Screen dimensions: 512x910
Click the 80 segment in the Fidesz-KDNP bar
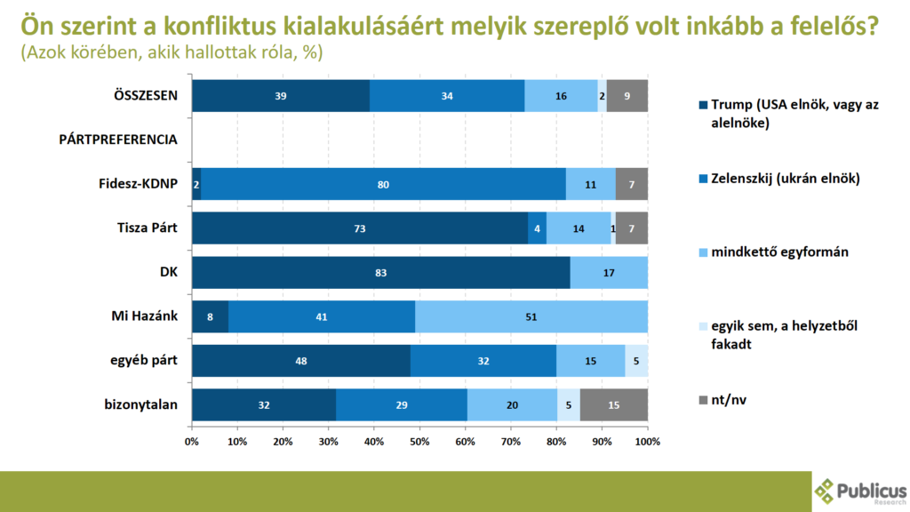[x=383, y=184]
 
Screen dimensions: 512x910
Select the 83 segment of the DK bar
[x=380, y=272]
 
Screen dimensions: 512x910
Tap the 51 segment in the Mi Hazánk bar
[x=531, y=316]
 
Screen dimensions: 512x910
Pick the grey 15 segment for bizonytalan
[x=613, y=404]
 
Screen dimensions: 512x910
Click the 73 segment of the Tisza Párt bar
[x=359, y=228]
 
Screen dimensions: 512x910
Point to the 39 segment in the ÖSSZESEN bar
[x=281, y=96]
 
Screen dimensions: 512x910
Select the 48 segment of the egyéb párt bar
[x=301, y=361]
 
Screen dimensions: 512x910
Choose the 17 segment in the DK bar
[x=609, y=272]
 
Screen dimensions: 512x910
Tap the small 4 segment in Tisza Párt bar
[x=537, y=228]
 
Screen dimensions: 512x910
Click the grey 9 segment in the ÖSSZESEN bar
[x=627, y=96]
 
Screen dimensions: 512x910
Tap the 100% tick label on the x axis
[x=648, y=442]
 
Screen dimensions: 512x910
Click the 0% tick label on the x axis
[x=192, y=442]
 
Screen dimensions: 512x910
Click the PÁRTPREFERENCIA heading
[x=118, y=140]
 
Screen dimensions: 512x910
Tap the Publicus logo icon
[x=826, y=490]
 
